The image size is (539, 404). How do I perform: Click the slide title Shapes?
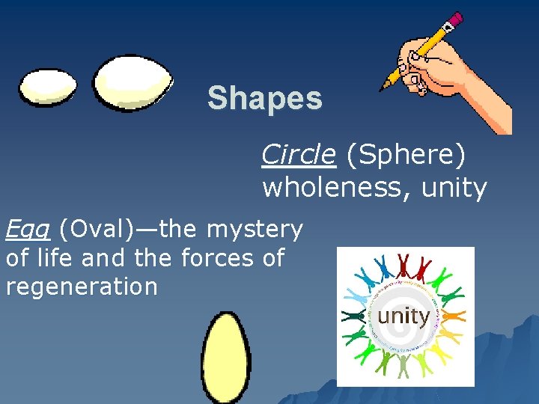(265, 98)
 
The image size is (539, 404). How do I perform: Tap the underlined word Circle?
(298, 154)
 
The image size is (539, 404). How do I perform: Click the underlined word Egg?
(27, 230)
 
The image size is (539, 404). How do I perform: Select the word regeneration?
(81, 287)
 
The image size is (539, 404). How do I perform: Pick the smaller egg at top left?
(47, 87)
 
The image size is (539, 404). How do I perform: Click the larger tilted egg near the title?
(133, 82)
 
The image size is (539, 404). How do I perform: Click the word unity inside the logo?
(404, 316)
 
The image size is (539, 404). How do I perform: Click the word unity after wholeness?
(454, 187)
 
